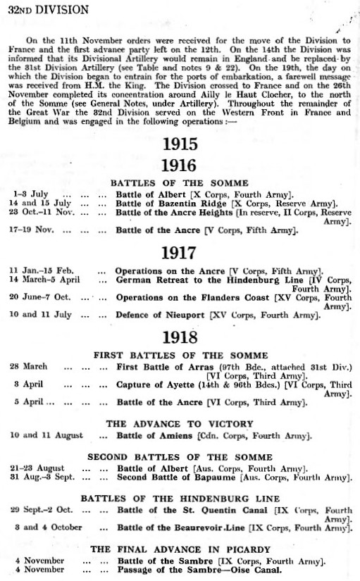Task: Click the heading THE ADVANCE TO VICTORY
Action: point(179,424)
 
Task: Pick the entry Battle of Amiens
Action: point(155,436)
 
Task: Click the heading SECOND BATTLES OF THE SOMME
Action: point(180,456)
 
